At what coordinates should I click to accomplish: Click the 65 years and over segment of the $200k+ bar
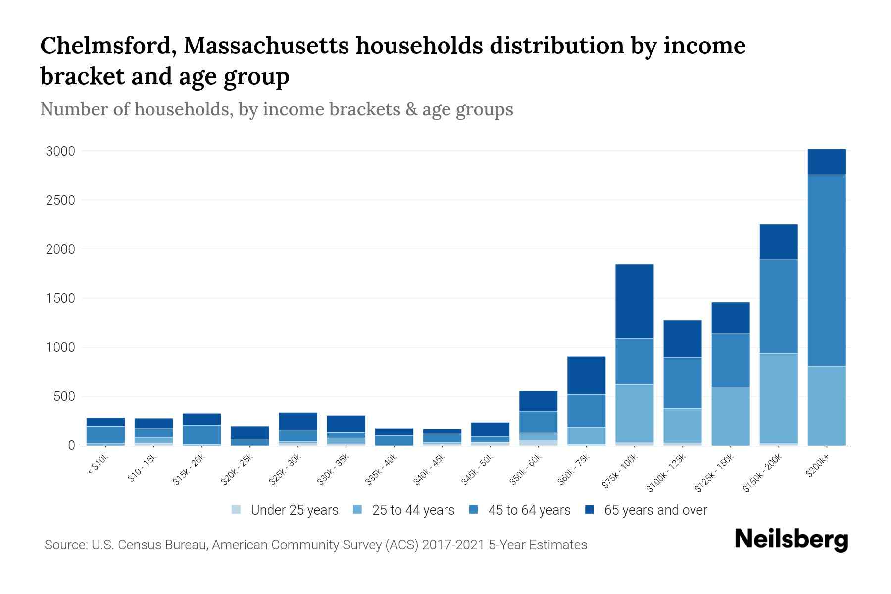click(x=826, y=162)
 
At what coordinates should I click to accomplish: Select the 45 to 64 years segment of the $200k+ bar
click(x=826, y=270)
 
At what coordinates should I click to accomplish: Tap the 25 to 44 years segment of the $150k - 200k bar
click(x=778, y=398)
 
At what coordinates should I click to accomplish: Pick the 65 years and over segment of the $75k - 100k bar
click(x=634, y=301)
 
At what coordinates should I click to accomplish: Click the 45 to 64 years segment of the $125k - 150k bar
click(x=730, y=360)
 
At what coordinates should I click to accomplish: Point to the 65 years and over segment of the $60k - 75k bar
click(x=586, y=375)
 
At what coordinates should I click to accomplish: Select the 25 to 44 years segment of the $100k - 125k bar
click(x=682, y=425)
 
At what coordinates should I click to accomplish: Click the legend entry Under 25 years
click(x=295, y=510)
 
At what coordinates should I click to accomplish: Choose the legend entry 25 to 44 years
click(x=413, y=510)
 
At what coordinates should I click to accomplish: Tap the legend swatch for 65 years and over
click(x=590, y=510)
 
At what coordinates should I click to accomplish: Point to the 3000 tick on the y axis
click(x=60, y=151)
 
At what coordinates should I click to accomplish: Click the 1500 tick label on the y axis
click(x=60, y=298)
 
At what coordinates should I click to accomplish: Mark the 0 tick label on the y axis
click(x=71, y=446)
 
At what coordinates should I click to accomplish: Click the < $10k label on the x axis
click(x=99, y=465)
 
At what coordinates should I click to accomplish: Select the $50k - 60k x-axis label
click(x=526, y=470)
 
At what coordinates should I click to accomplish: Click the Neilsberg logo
click(x=791, y=539)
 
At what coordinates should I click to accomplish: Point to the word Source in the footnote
click(x=65, y=545)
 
